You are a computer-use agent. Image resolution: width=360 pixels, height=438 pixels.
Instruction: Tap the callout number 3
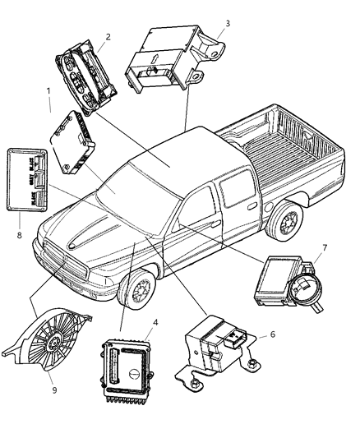click(228, 23)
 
